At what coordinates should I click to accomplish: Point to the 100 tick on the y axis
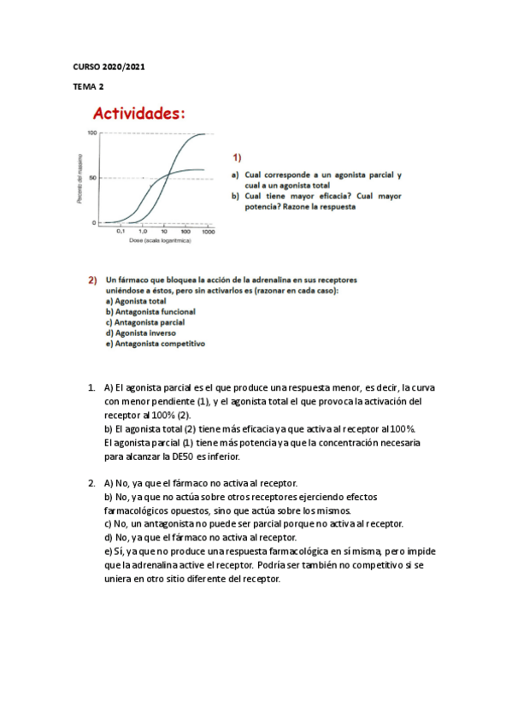click(x=91, y=133)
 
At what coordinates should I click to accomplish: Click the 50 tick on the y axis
click(x=93, y=178)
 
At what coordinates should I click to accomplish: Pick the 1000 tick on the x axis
click(x=208, y=232)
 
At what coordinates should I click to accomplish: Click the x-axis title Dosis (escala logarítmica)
click(x=160, y=241)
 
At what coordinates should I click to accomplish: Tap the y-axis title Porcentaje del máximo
click(x=79, y=178)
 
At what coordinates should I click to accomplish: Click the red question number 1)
click(x=237, y=157)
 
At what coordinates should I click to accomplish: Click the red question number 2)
click(x=92, y=280)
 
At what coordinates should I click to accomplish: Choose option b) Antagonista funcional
click(x=150, y=312)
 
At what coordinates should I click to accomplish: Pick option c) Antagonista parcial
click(x=144, y=322)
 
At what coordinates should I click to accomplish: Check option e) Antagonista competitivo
click(x=155, y=344)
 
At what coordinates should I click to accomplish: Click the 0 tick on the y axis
click(x=95, y=222)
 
